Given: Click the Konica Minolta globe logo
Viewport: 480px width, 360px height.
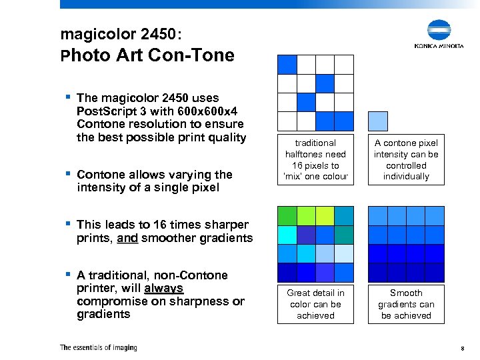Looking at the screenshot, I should point(439,30).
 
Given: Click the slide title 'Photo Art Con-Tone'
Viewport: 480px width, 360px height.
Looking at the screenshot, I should point(147,55).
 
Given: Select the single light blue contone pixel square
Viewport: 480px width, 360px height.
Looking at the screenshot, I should point(378,121).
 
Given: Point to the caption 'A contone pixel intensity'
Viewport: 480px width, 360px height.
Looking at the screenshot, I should point(406,160).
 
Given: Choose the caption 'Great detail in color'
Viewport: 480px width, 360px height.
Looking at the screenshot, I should point(315,304).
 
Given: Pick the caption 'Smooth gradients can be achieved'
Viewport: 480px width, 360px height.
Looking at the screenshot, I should point(406,304).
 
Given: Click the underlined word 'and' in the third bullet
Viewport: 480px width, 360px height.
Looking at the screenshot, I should point(127,238).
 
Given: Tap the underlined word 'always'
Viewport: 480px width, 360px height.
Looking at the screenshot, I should point(163,288).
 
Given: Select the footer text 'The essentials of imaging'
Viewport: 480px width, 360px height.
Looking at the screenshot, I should point(98,347).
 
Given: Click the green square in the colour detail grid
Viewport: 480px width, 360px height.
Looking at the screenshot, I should point(287,216).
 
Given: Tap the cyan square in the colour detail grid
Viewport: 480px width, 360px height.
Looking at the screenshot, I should point(287,235).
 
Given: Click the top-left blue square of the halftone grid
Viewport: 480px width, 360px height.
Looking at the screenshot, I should point(287,64).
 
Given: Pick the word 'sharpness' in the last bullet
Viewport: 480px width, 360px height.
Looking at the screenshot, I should point(202,301).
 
